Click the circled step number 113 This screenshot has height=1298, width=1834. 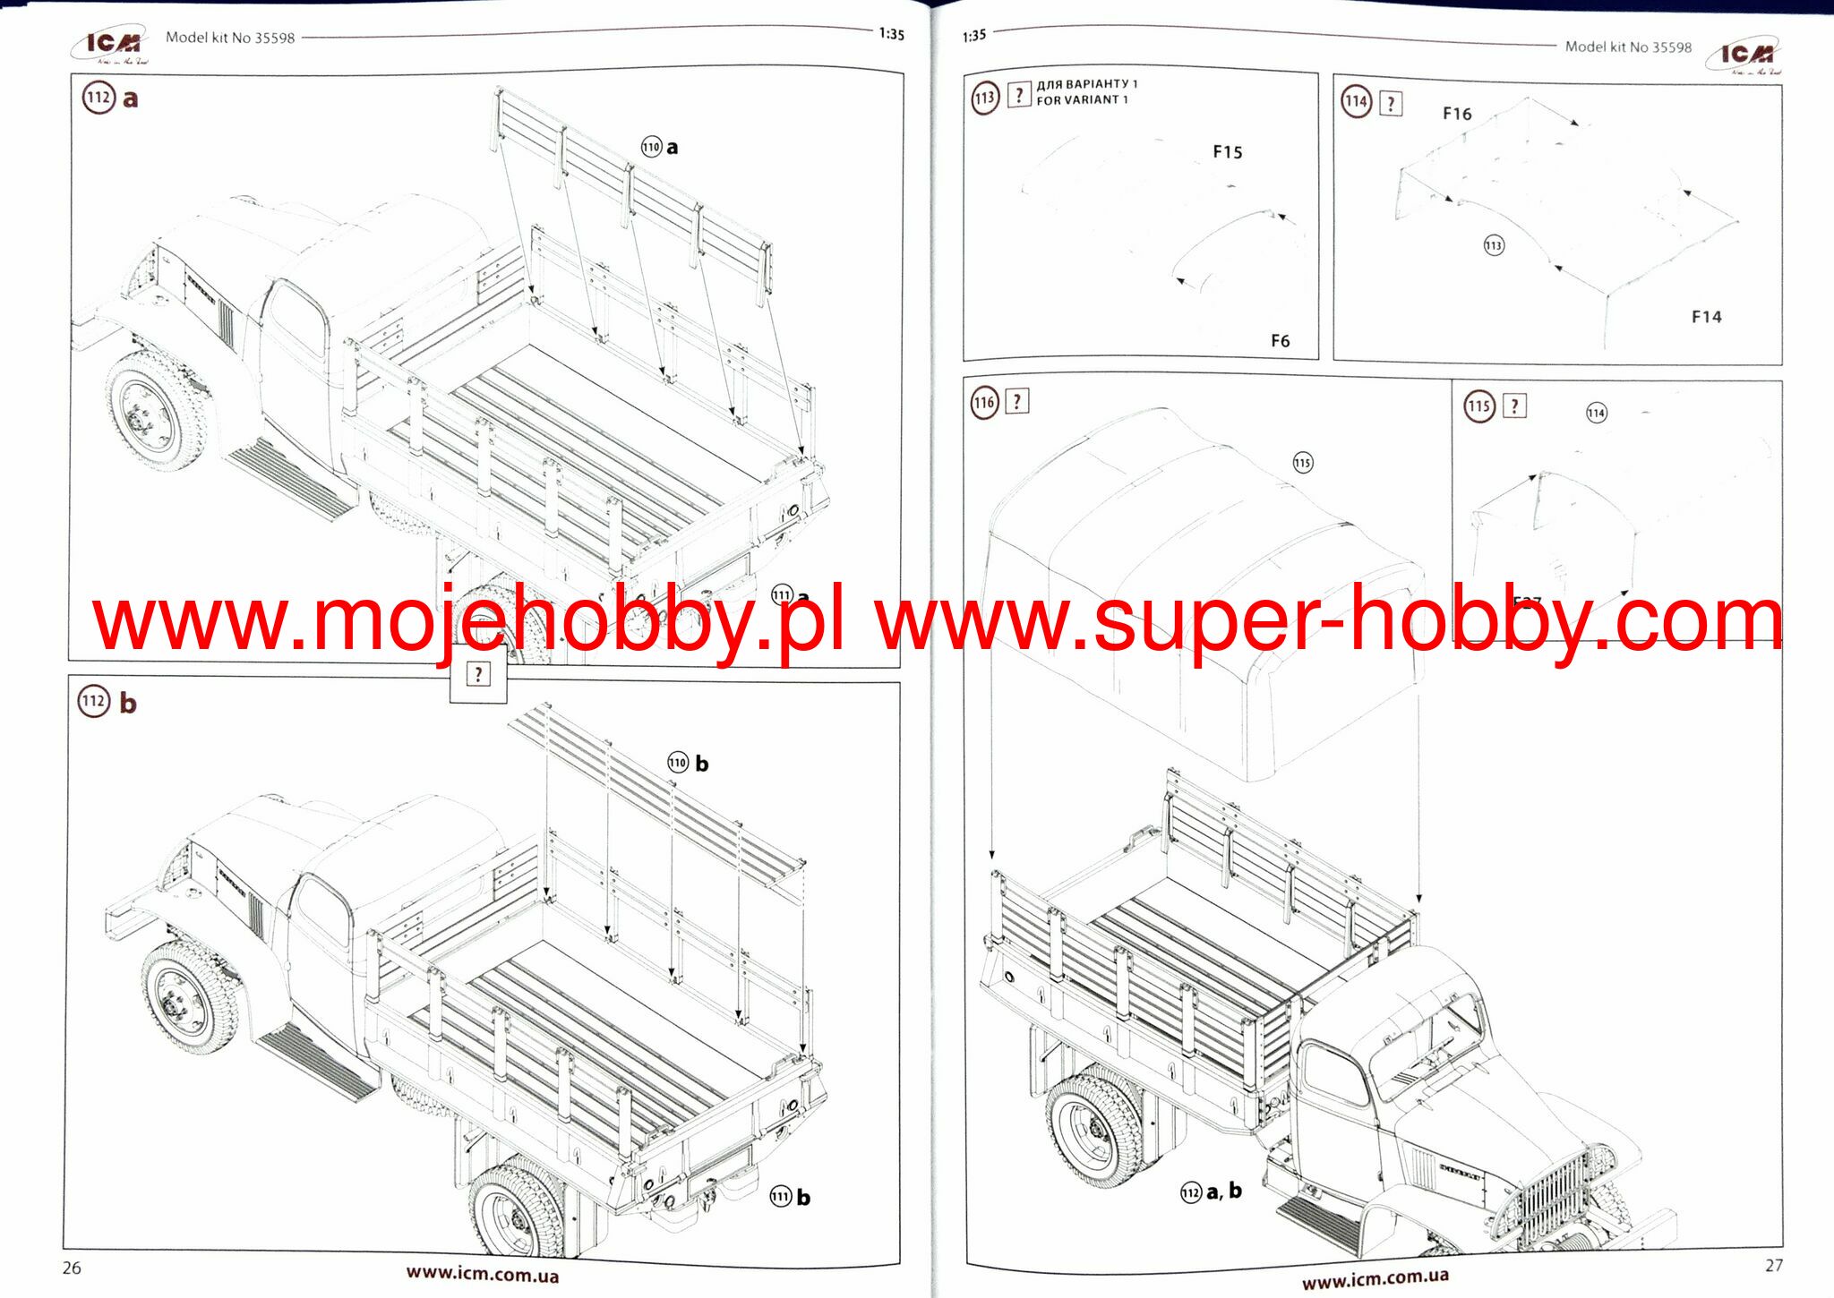click(x=985, y=98)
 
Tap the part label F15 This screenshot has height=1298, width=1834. click(x=1228, y=152)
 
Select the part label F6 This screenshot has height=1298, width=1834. click(x=1281, y=341)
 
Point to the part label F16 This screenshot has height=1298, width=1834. click(x=1457, y=114)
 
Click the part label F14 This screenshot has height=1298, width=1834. click(x=1706, y=317)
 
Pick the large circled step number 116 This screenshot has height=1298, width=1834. click(x=985, y=402)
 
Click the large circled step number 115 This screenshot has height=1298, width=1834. click(x=1479, y=406)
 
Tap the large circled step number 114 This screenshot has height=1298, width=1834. click(x=1357, y=101)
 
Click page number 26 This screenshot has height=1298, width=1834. click(x=72, y=1268)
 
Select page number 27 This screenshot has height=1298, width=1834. click(x=1774, y=1266)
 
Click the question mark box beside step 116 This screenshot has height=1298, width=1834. click(x=1017, y=401)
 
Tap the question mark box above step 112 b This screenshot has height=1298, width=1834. click(x=478, y=674)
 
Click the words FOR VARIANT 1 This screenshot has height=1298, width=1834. click(x=1082, y=100)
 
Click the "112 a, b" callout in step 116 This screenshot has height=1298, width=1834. click(x=1212, y=1191)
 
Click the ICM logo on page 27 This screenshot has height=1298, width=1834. click(x=1744, y=56)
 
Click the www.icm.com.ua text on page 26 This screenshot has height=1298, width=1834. click(x=483, y=1274)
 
